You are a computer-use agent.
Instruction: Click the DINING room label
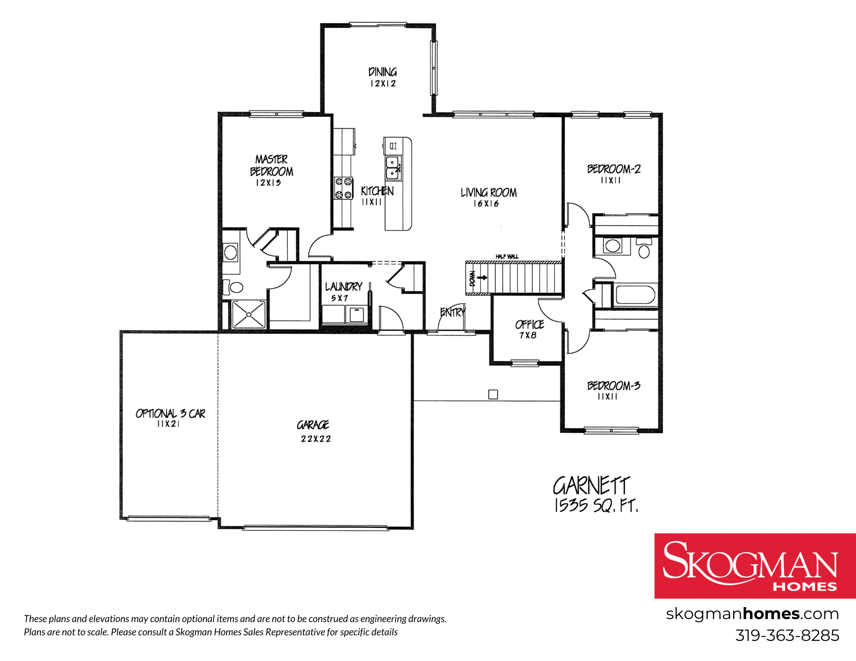tap(383, 72)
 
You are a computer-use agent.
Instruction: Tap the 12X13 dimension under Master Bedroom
tap(268, 183)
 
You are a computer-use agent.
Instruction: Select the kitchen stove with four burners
tap(344, 188)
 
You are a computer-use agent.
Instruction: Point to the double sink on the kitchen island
tap(393, 167)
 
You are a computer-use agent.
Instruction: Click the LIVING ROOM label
tap(489, 193)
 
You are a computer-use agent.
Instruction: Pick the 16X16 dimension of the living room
tap(486, 204)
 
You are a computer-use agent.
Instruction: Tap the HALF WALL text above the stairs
tap(507, 256)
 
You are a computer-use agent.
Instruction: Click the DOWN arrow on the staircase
tap(482, 277)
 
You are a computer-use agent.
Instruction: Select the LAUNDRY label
tap(344, 286)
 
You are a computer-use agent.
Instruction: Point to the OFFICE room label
tap(529, 325)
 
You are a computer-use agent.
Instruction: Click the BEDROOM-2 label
tap(614, 169)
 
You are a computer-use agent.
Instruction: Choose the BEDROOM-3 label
tap(614, 385)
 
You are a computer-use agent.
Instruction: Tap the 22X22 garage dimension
tap(316, 439)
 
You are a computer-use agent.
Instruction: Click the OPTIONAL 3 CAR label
tap(170, 413)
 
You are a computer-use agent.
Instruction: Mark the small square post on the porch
tap(493, 394)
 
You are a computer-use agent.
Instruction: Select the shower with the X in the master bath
tap(249, 315)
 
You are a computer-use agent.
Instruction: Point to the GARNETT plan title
tap(591, 486)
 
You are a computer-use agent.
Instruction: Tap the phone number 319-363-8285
tap(787, 636)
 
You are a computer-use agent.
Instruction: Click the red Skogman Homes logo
tap(755, 566)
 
